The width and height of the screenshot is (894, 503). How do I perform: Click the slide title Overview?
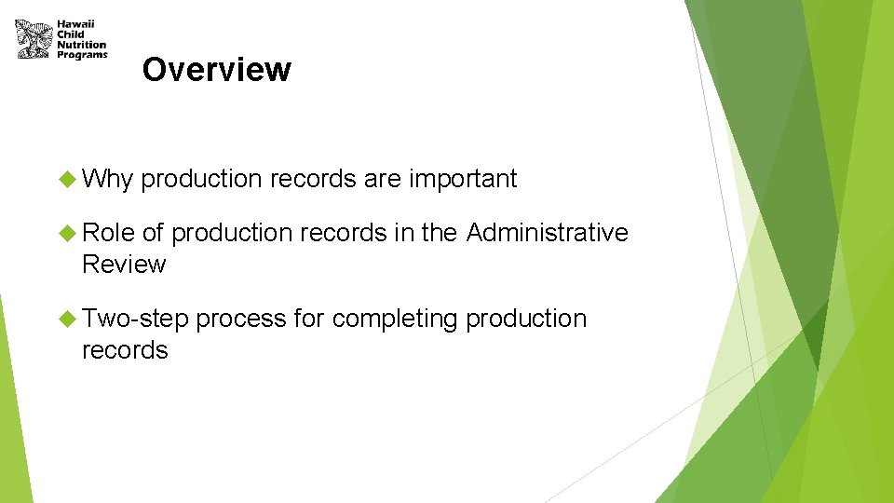click(216, 70)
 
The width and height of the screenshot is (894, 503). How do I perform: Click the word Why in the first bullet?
click(108, 179)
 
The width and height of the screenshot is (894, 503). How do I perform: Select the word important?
click(462, 179)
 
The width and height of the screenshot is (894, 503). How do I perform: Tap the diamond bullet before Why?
click(67, 179)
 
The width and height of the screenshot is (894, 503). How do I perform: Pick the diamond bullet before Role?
click(67, 233)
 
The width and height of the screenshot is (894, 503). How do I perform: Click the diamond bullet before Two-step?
click(67, 319)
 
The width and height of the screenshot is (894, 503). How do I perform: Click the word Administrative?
click(547, 233)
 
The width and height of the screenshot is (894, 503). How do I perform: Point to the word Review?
click(124, 265)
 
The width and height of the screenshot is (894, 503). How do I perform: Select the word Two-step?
click(135, 319)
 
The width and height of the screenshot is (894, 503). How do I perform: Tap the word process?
click(240, 319)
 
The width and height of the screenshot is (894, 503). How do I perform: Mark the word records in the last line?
click(125, 350)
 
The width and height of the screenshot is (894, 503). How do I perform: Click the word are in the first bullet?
click(382, 179)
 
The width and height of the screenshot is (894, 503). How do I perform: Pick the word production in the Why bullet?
click(202, 179)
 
